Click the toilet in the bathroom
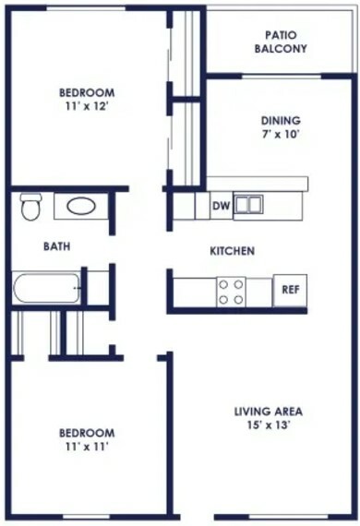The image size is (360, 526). click(x=30, y=207)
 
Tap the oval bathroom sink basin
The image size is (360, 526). click(x=81, y=207)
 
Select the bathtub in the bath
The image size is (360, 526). click(x=46, y=288)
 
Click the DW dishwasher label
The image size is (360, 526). click(x=222, y=205)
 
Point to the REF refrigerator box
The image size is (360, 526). click(x=290, y=290)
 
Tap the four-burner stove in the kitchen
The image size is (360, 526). click(x=231, y=292)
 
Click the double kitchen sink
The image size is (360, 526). click(x=248, y=204)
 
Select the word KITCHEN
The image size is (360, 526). click(x=233, y=251)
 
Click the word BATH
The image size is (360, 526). click(x=57, y=246)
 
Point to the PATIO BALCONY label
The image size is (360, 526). click(x=281, y=42)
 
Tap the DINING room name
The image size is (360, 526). click(x=281, y=121)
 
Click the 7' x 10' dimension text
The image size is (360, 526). click(x=281, y=134)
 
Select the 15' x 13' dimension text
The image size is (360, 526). click(x=269, y=425)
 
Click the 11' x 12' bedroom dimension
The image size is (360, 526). click(x=87, y=106)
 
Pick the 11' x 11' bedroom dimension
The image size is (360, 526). click(x=87, y=447)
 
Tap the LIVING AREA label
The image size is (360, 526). click(x=269, y=412)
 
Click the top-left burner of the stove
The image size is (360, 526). click(x=223, y=285)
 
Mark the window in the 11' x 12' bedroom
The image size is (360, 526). click(x=86, y=8)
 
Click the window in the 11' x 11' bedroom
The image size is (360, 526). click(x=85, y=516)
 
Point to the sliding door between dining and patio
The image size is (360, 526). click(x=282, y=77)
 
